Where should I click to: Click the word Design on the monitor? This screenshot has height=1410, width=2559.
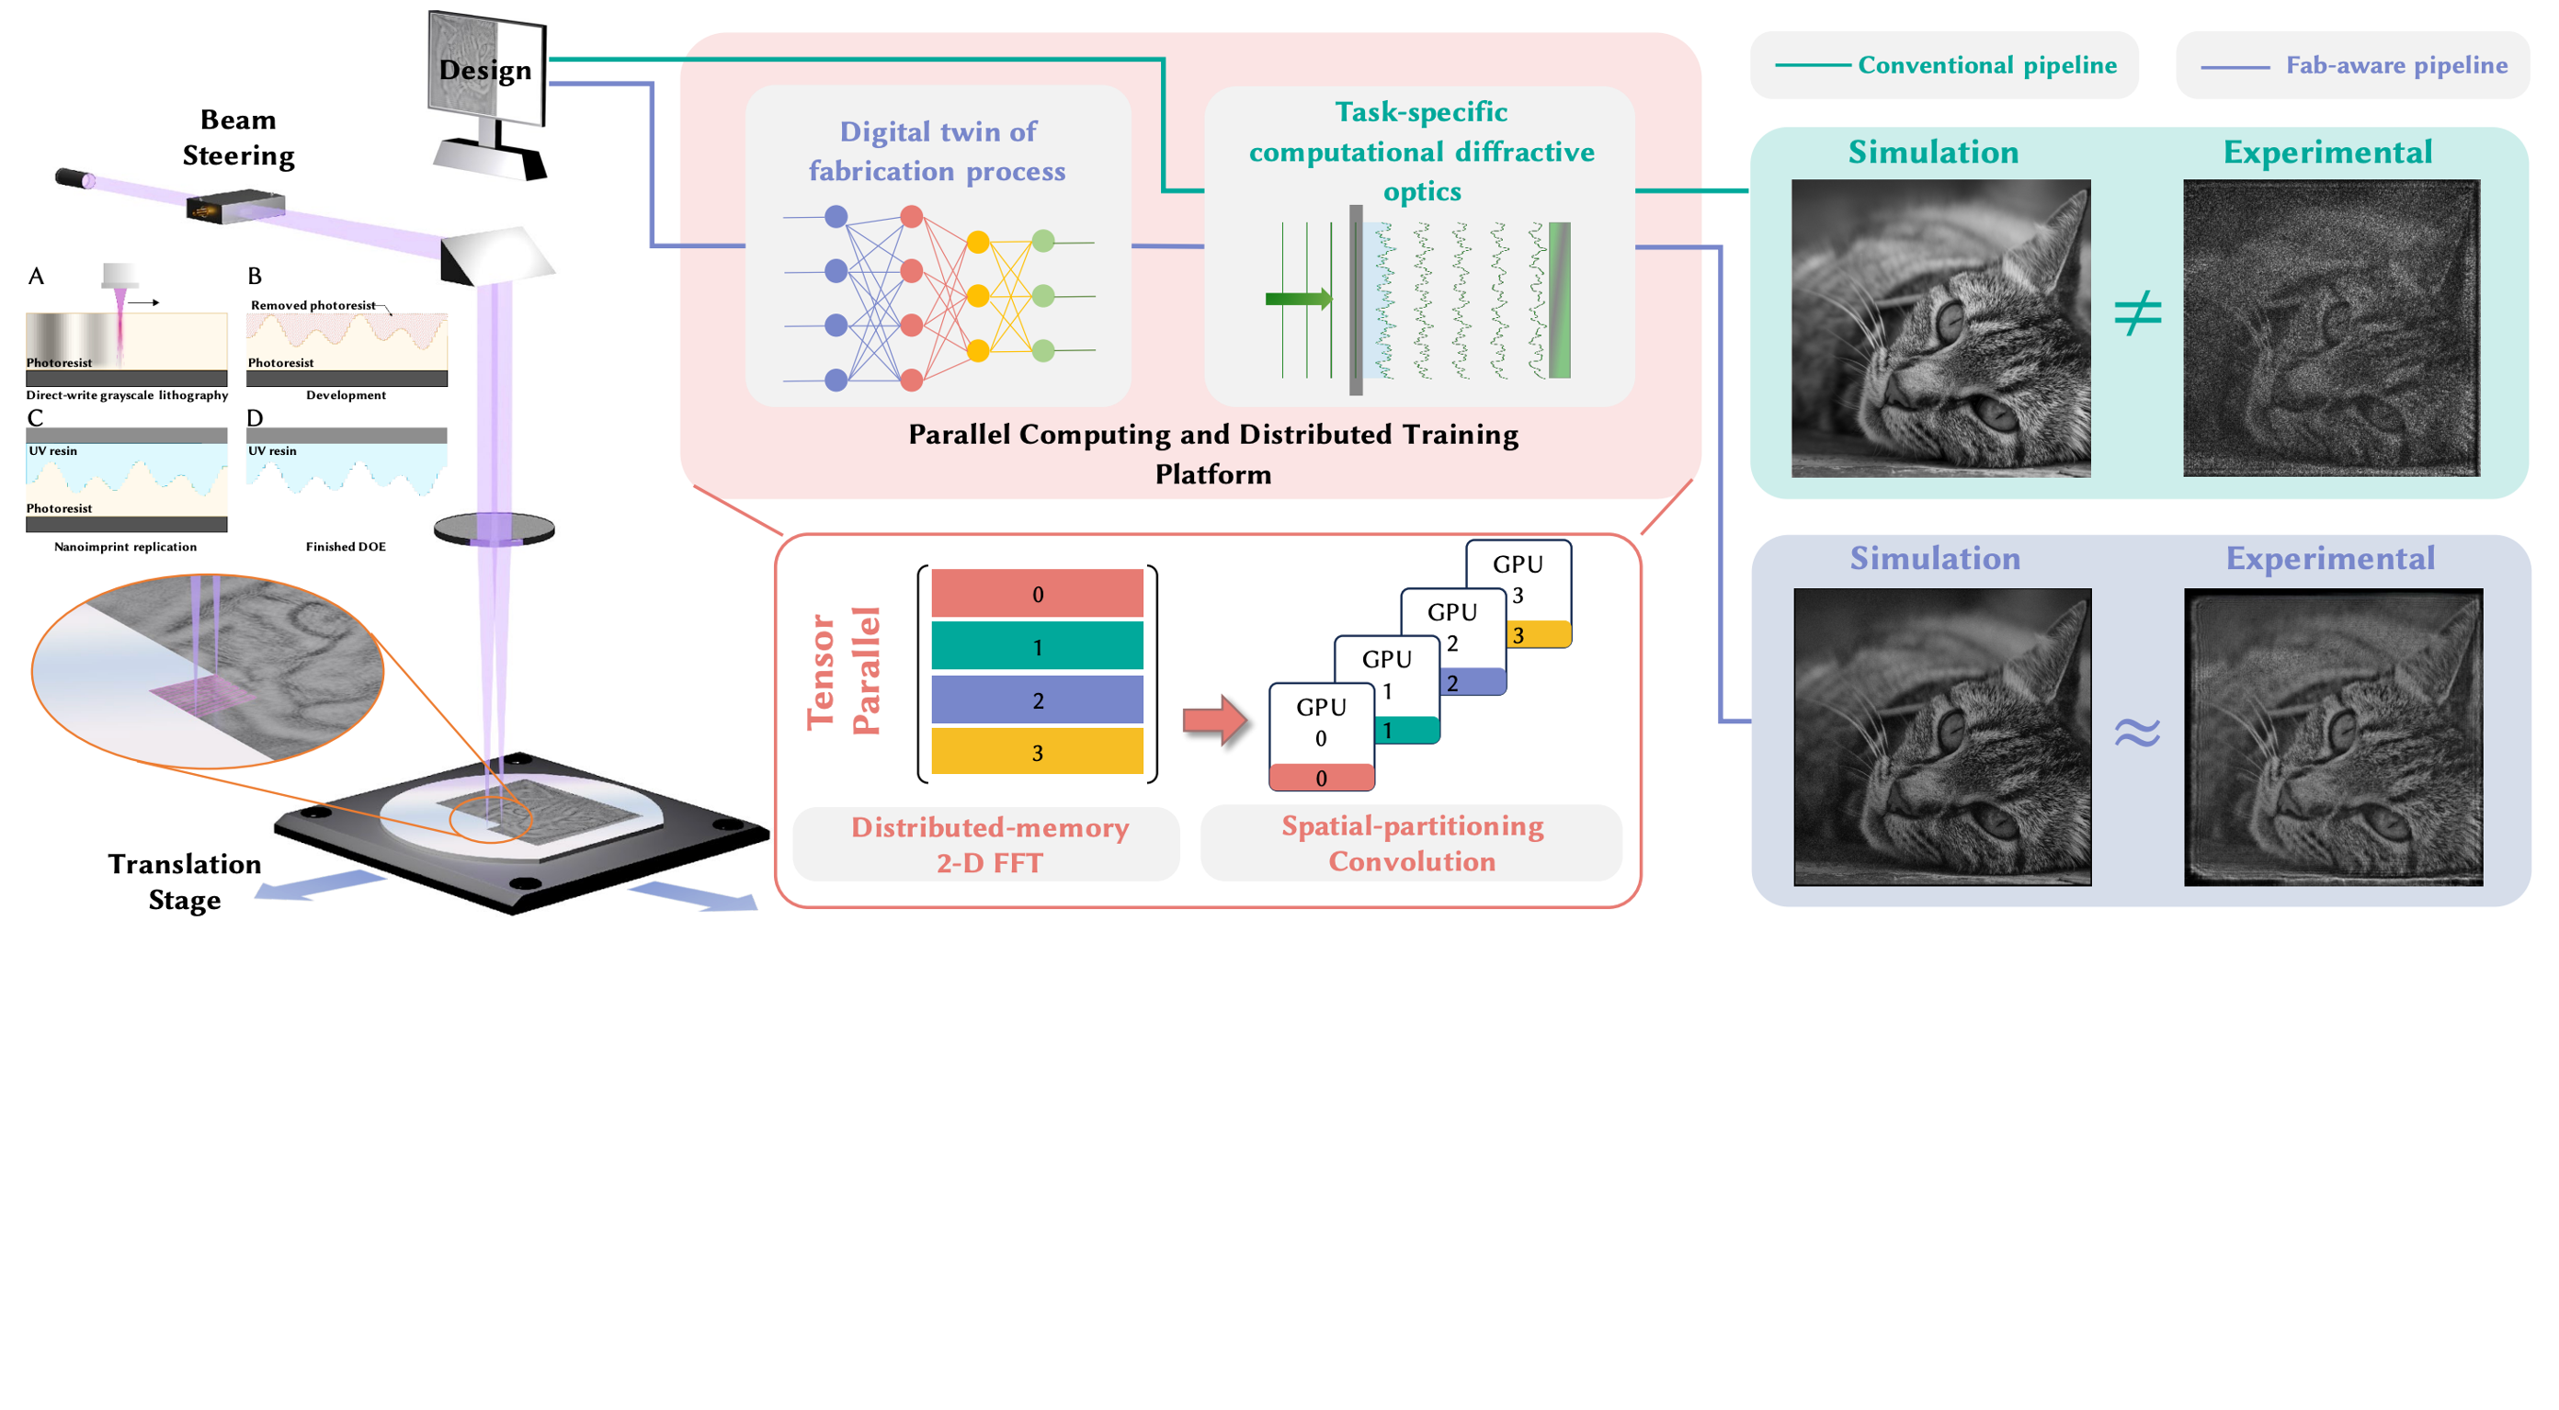[484, 71]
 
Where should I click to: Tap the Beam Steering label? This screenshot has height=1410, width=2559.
[238, 137]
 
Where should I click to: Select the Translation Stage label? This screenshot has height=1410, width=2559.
[185, 881]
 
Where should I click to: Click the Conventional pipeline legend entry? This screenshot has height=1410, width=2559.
[1945, 65]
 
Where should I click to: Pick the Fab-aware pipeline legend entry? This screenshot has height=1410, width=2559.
[2354, 65]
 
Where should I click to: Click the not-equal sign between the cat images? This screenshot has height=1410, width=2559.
[2138, 313]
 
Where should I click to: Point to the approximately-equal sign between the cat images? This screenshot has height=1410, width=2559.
[2138, 733]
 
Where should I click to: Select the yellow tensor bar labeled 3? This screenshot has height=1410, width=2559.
[1037, 752]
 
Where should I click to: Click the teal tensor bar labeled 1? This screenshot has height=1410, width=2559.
[1037, 647]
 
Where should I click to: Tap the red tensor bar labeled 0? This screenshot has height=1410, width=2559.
[1037, 593]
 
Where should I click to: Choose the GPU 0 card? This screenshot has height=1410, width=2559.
[1321, 736]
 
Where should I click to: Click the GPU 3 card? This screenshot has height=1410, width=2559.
[1518, 593]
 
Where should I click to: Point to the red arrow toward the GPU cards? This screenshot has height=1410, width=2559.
[1215, 721]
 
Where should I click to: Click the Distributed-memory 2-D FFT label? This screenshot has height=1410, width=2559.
[989, 845]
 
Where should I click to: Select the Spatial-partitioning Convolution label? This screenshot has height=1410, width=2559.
[1413, 843]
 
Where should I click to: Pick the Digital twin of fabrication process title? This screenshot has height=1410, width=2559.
[937, 151]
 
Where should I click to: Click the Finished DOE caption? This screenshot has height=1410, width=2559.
[346, 547]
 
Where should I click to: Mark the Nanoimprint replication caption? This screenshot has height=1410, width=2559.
[125, 547]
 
